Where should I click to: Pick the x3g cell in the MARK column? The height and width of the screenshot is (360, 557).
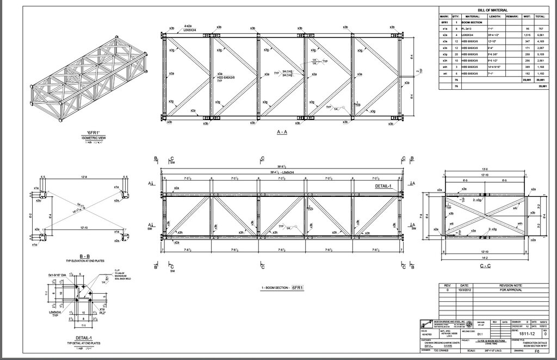click(x=445, y=54)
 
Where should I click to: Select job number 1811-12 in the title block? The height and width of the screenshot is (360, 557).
click(x=523, y=332)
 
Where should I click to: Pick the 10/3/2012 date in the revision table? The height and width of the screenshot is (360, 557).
click(x=464, y=290)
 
